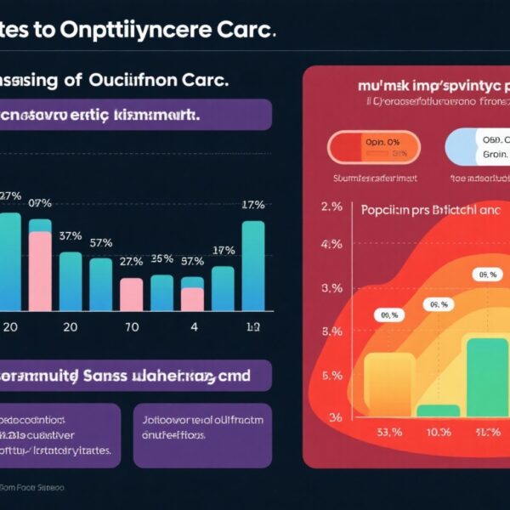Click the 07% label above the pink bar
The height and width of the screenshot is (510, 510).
[40, 203]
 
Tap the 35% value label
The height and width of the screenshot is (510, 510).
[161, 258]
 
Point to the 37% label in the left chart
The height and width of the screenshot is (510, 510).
[71, 235]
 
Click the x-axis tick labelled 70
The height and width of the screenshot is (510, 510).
[133, 326]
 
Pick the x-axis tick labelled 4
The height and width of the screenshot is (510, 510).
[194, 326]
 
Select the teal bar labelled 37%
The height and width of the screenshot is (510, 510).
[71, 280]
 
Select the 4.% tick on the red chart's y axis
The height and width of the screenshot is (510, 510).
[331, 244]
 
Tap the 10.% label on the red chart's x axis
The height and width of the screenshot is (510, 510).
[438, 432]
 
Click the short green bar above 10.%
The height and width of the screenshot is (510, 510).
[438, 411]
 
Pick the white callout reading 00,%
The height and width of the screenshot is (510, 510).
[388, 314]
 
